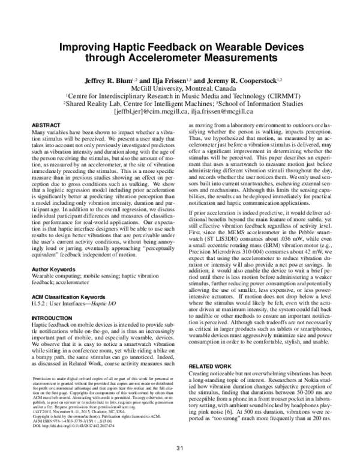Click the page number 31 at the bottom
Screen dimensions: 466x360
tap(179, 449)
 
